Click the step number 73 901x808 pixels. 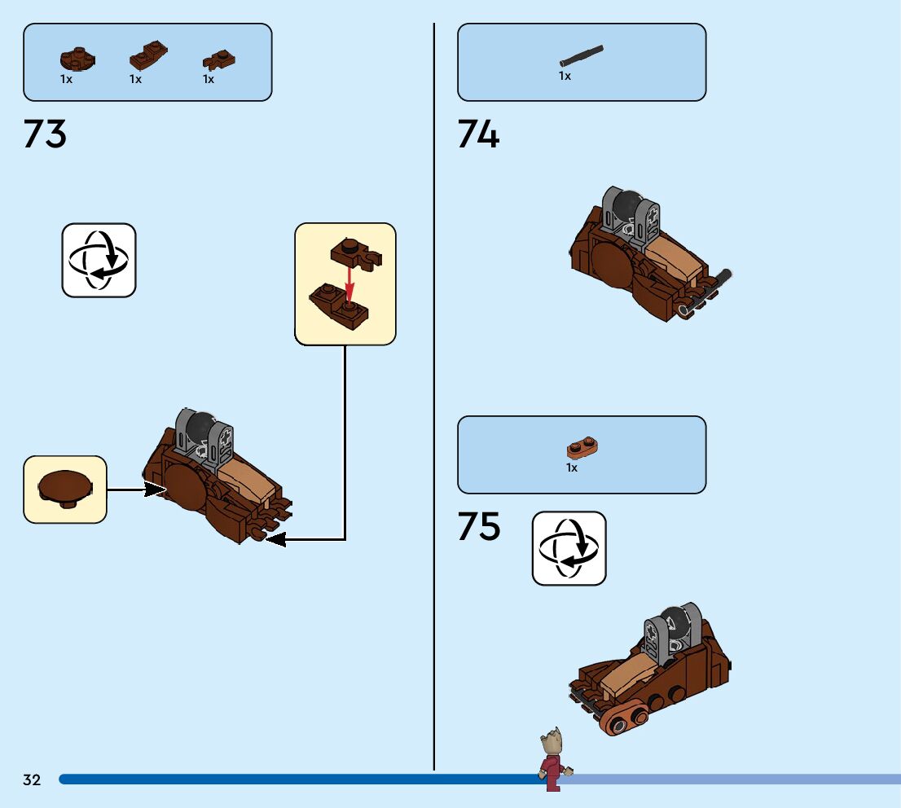45,134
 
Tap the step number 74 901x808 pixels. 478,134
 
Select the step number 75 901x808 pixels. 478,527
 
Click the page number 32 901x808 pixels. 32,780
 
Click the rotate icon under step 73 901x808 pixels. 99,260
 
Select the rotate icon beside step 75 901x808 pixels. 569,548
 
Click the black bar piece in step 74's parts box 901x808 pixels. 582,55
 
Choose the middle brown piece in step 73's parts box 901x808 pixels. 147,57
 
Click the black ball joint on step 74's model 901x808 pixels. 628,205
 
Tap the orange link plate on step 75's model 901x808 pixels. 624,719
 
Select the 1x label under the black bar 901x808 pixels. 565,76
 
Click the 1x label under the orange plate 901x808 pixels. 572,468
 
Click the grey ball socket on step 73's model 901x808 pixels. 215,440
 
